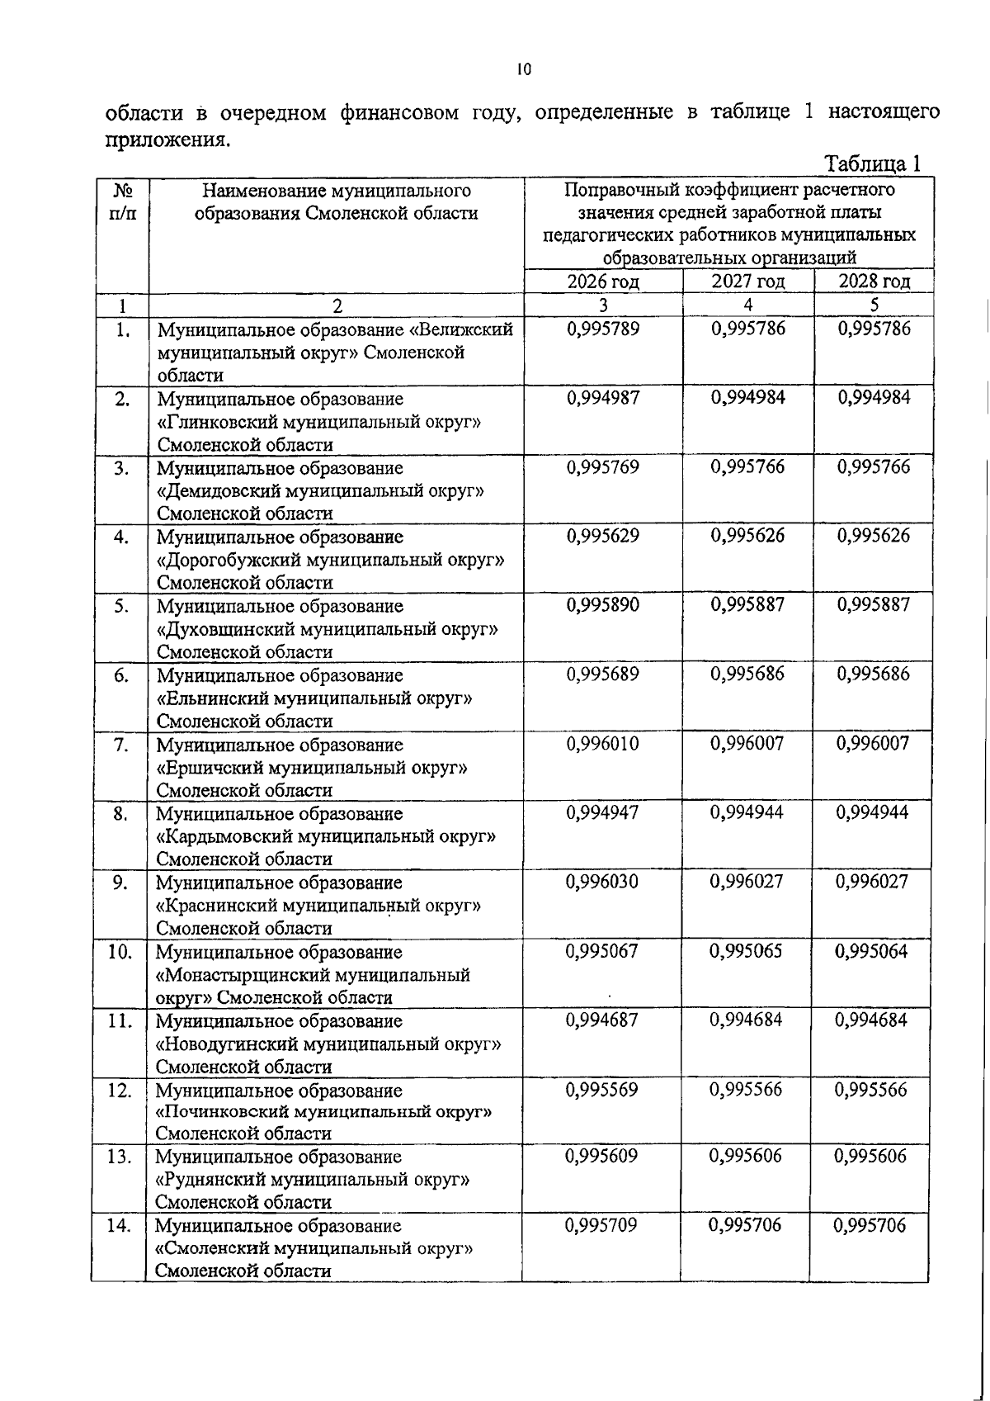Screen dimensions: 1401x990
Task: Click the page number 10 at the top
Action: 524,70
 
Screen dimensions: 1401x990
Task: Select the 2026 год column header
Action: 603,282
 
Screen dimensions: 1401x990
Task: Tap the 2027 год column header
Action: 747,282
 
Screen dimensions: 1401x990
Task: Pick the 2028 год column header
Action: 874,282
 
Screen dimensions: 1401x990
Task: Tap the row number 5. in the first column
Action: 121,606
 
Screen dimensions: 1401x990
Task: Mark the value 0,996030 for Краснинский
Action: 602,883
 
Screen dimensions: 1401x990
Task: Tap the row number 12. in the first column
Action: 120,1091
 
